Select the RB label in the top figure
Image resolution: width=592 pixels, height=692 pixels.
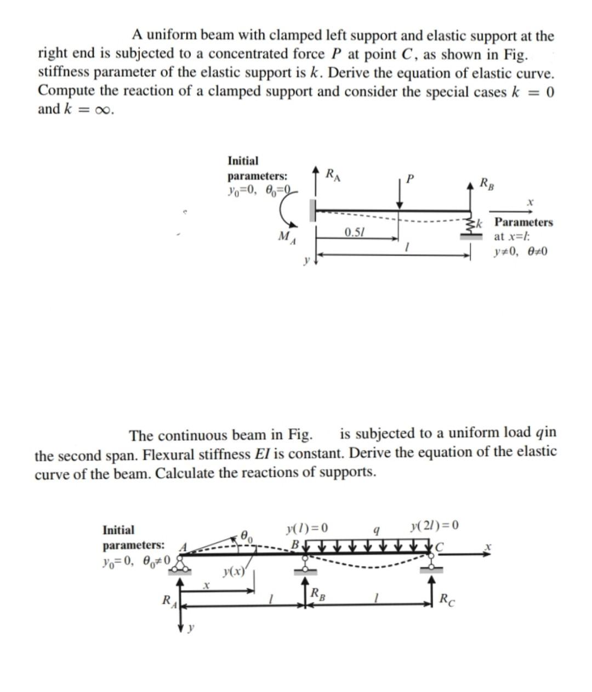point(486,183)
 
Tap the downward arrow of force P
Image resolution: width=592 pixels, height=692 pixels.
point(401,193)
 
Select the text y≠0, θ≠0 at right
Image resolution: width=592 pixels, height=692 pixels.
point(520,252)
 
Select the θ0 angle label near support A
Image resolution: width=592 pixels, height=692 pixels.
point(247,534)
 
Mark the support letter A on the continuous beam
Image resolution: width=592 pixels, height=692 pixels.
point(185,546)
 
